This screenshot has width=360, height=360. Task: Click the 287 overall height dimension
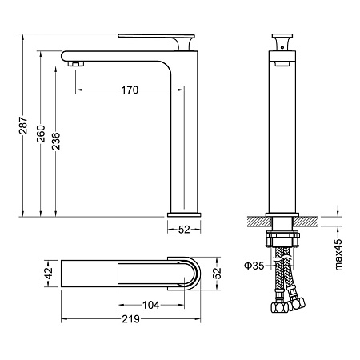[x=23, y=125]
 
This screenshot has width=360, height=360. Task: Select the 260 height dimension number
[x=41, y=134]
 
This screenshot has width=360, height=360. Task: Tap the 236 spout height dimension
[x=56, y=141]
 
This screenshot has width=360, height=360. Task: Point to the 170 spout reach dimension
[x=130, y=90]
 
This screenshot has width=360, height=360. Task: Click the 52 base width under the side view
[x=184, y=230]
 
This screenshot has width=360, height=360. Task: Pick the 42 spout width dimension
[x=49, y=273]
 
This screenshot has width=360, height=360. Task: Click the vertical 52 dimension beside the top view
[x=217, y=273]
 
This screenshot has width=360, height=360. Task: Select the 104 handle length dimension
[x=151, y=305]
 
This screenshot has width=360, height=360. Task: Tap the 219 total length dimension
[x=131, y=318]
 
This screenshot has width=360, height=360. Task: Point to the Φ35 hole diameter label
[x=254, y=266]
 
